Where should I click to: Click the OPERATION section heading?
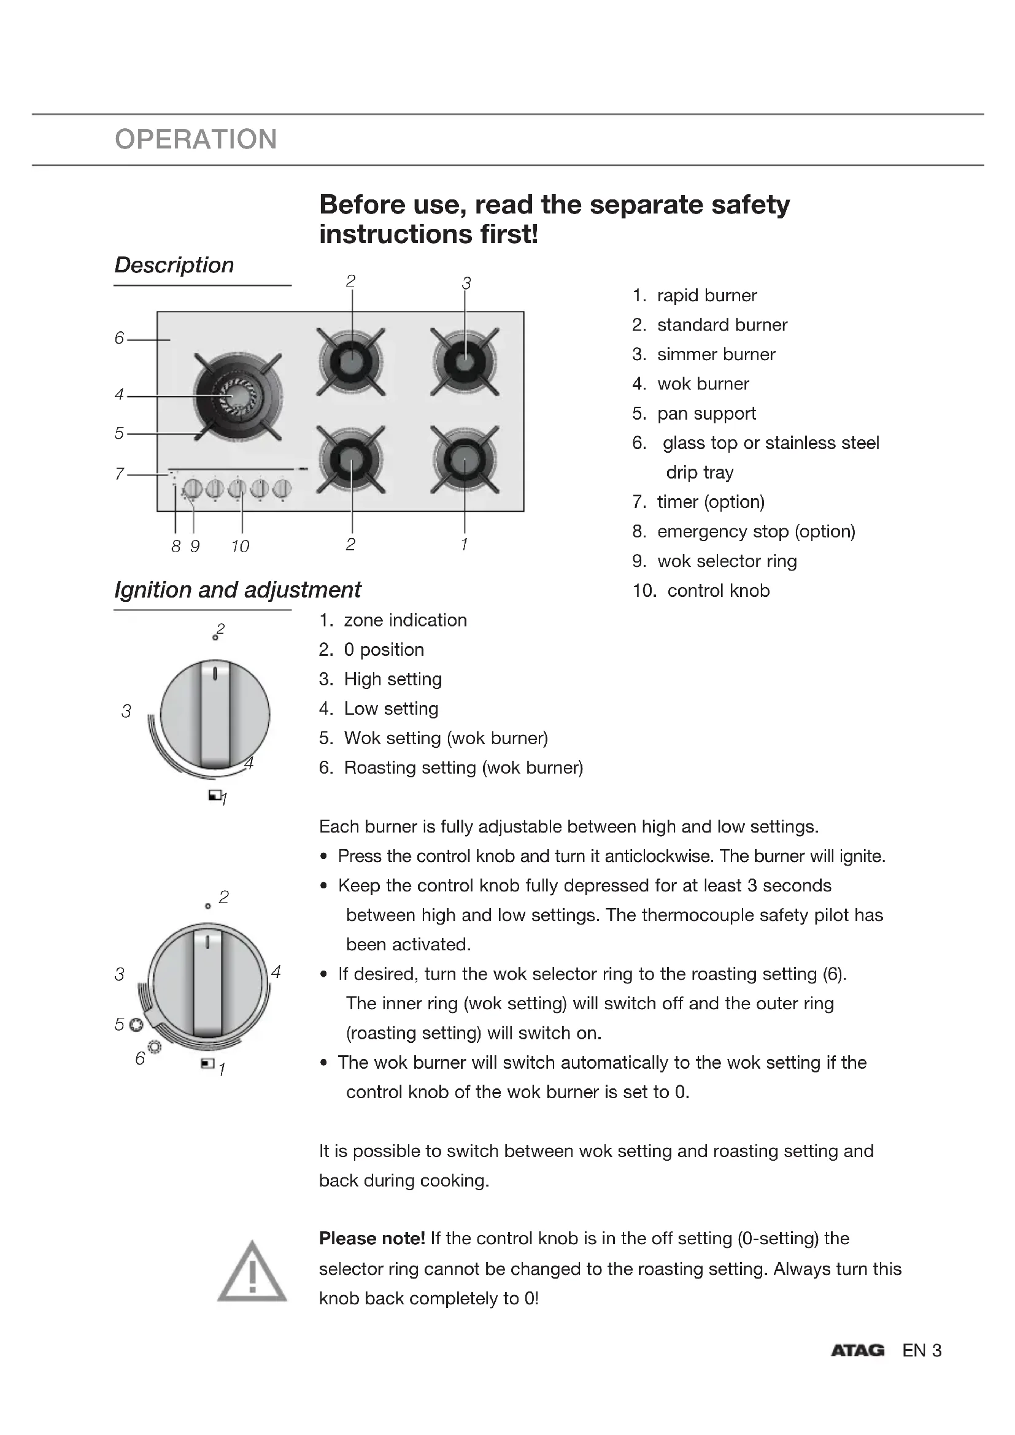coord(196,139)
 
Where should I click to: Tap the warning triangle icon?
coord(252,1273)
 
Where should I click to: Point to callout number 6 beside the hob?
coord(120,338)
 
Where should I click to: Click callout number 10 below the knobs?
coord(240,547)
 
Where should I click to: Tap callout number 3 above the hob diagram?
coord(466,283)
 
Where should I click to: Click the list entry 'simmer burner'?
coord(716,355)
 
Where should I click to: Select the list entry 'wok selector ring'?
coord(726,561)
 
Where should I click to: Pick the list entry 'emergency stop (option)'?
coord(755,532)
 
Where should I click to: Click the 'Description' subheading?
coord(174,265)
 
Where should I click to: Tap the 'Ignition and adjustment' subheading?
coord(237,590)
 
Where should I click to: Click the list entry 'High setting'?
coord(393,679)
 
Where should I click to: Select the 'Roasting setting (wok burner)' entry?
coord(463,768)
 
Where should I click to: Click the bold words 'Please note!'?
coord(372,1238)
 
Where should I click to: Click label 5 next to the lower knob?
coord(120,1024)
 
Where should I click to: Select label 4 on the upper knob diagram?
coord(249,763)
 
